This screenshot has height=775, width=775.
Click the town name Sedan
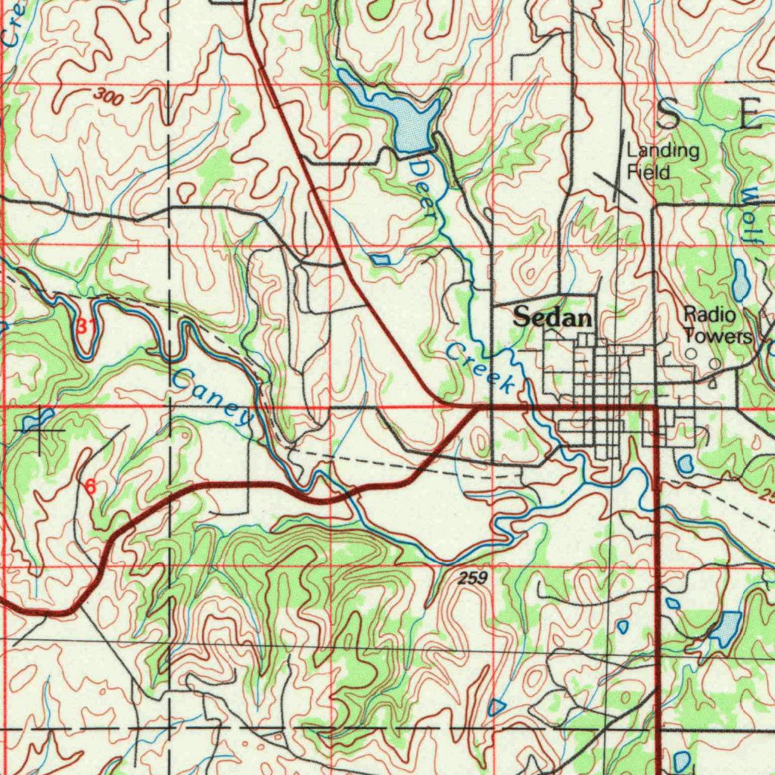point(552,318)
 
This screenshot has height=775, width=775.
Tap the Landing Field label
point(662,161)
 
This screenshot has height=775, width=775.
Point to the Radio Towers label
point(717,325)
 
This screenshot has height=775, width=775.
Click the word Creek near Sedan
point(481,367)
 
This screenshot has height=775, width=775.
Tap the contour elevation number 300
point(110,95)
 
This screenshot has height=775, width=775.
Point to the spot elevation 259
point(472,578)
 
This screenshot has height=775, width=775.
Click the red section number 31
point(86,327)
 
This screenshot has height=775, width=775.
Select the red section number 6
point(90,487)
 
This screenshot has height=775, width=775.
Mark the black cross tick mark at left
point(41,430)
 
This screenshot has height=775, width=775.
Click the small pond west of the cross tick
point(36,418)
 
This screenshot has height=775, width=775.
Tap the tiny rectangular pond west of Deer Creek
point(381,260)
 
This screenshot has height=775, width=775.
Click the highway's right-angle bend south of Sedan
point(654,408)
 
